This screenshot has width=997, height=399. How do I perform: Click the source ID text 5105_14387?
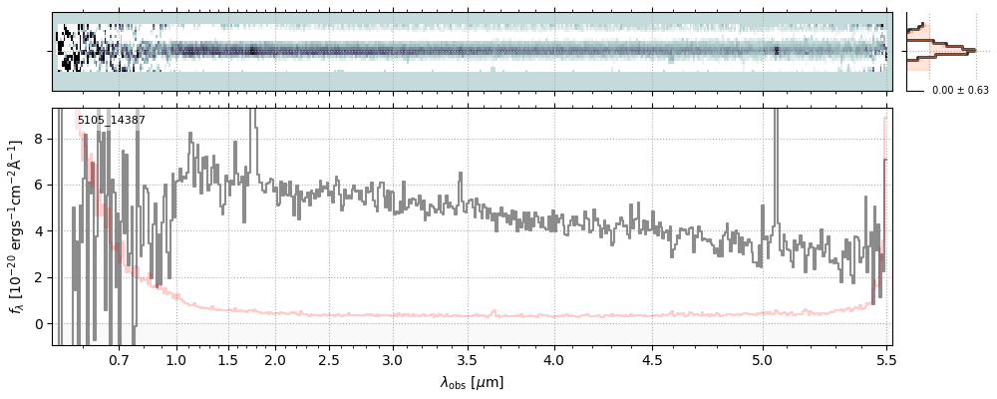112,121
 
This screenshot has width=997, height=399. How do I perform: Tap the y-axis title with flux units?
17,226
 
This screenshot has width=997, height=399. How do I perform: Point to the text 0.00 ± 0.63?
959,90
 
